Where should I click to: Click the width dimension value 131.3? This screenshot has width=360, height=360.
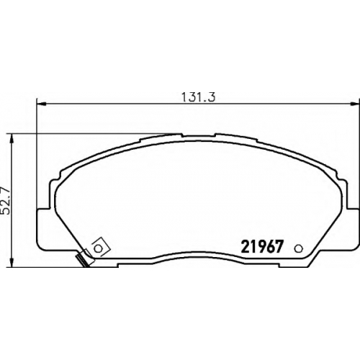tap(198, 97)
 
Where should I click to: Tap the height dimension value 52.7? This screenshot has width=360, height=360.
tap(6, 201)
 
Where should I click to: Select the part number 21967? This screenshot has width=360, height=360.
tap(261, 247)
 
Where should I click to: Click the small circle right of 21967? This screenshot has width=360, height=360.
tap(299, 248)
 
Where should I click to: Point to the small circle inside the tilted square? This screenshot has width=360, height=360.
tap(98, 248)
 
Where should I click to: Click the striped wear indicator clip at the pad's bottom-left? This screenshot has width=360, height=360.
tap(83, 261)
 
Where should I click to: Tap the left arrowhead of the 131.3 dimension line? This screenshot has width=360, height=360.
tap(41, 104)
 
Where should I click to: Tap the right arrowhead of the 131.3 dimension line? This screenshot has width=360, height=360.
tap(355, 104)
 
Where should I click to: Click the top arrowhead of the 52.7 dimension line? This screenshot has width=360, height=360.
tap(12, 139)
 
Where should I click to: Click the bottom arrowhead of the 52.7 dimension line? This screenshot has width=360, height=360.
tap(12, 262)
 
